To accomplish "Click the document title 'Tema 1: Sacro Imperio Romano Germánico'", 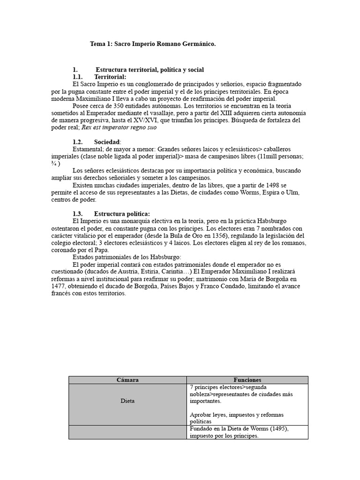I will [153, 44].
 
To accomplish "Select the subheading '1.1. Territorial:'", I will [99, 77].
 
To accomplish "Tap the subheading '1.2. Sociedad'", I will [97, 142].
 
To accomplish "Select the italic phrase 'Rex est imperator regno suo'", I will [119, 127].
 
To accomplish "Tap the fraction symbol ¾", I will [53, 164].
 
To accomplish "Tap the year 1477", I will [60, 285].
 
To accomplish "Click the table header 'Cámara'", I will [127, 380].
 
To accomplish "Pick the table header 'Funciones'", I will [247, 380].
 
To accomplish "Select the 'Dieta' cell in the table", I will [127, 401].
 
